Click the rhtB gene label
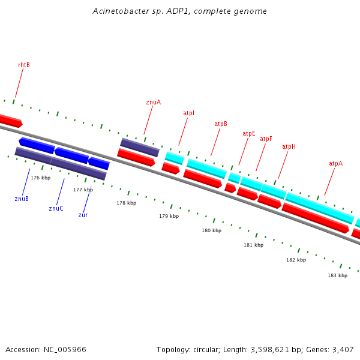point(24,65)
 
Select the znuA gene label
point(153,102)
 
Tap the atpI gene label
point(188,113)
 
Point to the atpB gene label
point(221,124)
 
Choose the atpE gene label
point(248,133)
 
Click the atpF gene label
point(266,139)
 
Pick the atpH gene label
point(289,147)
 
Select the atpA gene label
point(335,163)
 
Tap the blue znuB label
point(22,199)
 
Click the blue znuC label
point(56,209)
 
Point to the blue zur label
point(83,215)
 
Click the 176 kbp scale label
point(40,178)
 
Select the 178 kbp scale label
point(126,203)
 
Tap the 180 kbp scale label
point(211,230)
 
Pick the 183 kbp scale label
point(337,275)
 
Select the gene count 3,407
point(342,349)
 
